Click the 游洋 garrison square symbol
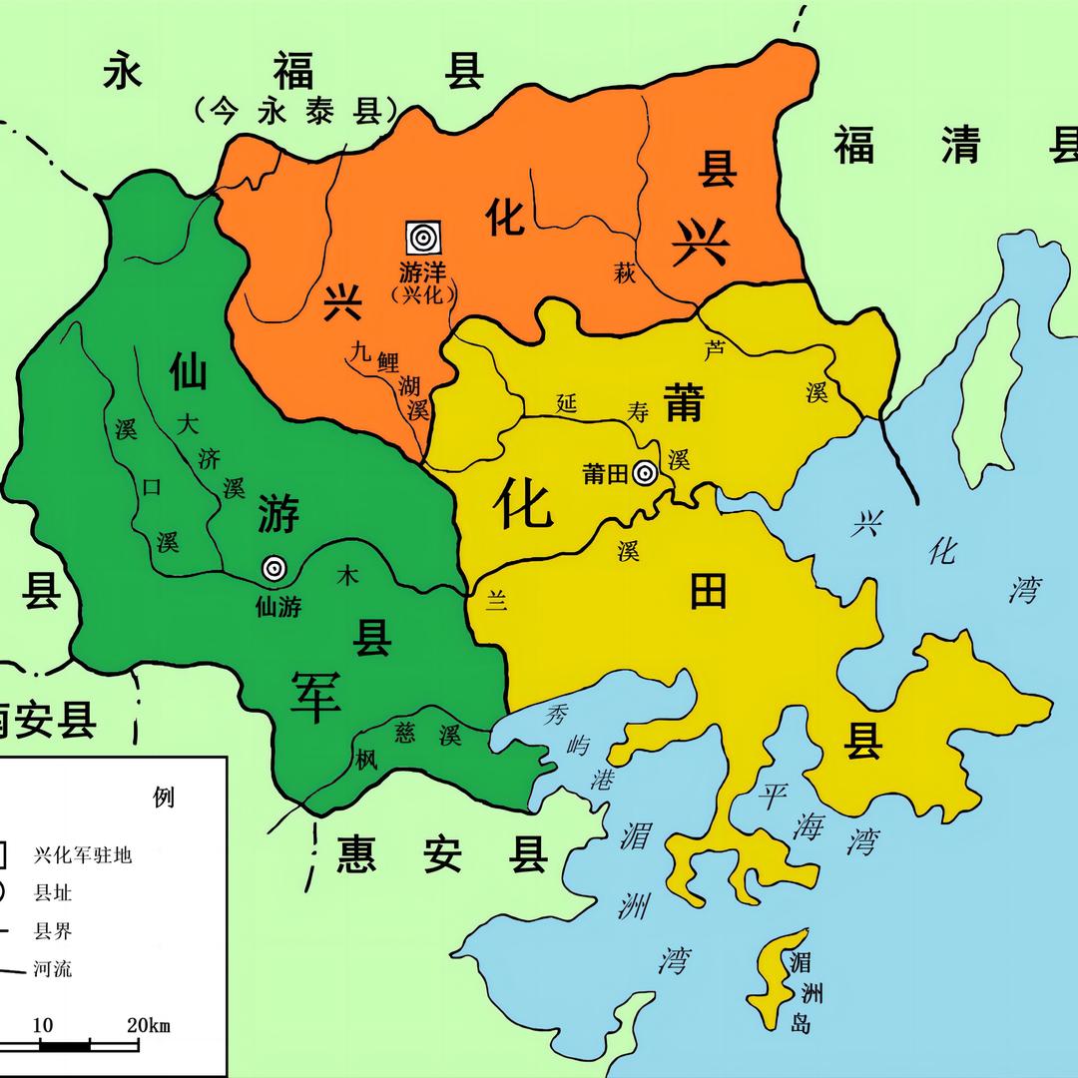pos(423,238)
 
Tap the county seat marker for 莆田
pos(645,473)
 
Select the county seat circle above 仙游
pos(273,568)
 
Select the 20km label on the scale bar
pos(148,1025)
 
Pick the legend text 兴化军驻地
pos(83,855)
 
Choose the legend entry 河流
pos(53,968)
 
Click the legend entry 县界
pos(53,931)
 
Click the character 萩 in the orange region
pos(625,273)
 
